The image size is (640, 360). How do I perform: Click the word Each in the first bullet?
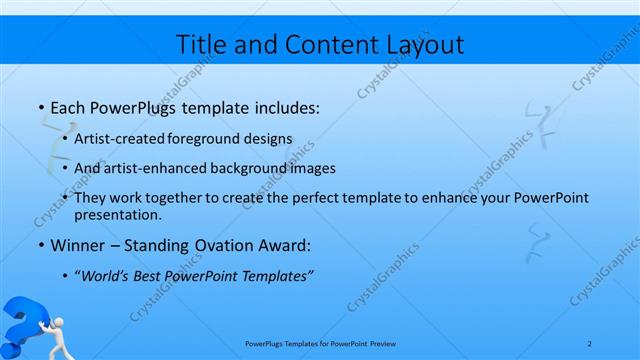(x=66, y=105)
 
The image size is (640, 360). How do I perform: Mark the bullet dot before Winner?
(x=39, y=245)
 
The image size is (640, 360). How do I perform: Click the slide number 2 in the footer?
(x=589, y=343)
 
